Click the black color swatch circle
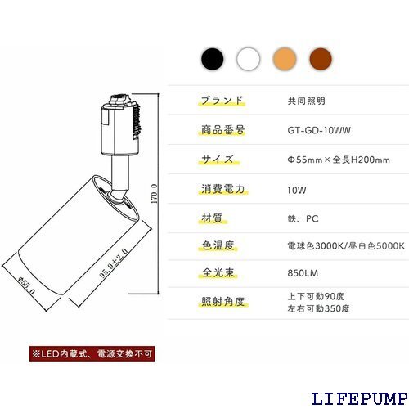(213, 59)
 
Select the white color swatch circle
(249, 59)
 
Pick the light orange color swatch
(285, 59)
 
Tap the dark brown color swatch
(321, 59)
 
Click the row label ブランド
(222, 101)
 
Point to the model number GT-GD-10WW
(319, 130)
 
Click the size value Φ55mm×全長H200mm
(339, 160)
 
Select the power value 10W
(297, 190)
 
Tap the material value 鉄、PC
(303, 218)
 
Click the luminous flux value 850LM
(303, 273)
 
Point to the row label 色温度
(218, 245)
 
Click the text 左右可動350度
(318, 308)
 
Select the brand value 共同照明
(307, 101)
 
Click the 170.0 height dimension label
(155, 194)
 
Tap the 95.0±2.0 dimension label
(114, 263)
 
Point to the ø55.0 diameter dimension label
(26, 285)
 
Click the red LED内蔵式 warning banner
(92, 354)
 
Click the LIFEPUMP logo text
(359, 398)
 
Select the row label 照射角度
(223, 302)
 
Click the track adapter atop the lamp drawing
(121, 124)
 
